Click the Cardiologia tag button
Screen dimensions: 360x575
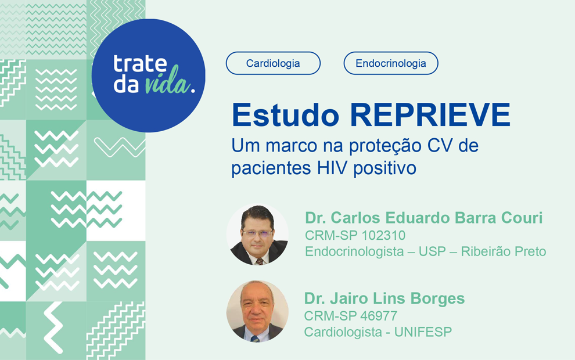(x=273, y=63)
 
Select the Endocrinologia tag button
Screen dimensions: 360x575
(x=391, y=63)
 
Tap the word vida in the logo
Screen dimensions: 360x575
(x=168, y=85)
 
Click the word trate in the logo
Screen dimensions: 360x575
(x=140, y=64)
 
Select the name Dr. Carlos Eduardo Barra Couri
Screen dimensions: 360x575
(x=423, y=218)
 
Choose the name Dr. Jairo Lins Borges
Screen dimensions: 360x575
(x=384, y=298)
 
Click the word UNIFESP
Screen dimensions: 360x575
(x=423, y=332)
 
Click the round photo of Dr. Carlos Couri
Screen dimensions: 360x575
(x=257, y=235)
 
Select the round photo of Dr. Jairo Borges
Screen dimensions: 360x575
(x=257, y=312)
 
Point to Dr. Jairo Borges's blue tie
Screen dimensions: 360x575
(x=255, y=337)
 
